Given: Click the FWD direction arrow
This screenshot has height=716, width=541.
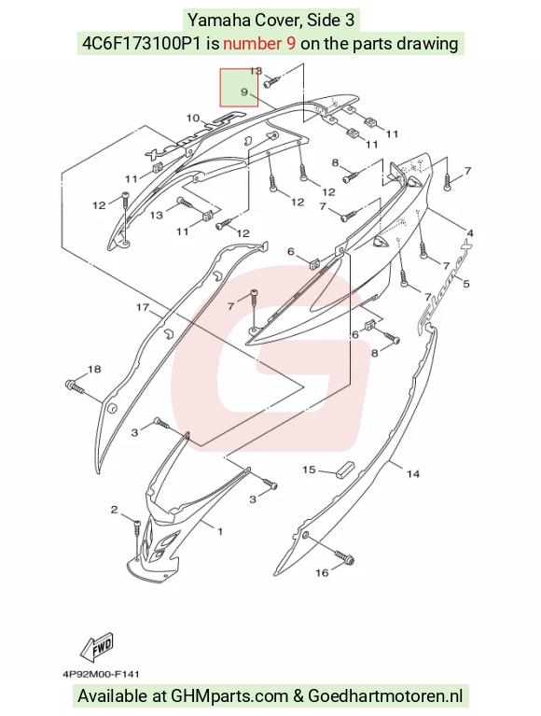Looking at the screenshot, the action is click(97, 648).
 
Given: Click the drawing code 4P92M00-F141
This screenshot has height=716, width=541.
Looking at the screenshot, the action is click(101, 674).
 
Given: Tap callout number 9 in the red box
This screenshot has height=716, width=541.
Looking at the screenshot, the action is click(244, 91).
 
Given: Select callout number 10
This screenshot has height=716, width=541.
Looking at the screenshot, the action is click(193, 118).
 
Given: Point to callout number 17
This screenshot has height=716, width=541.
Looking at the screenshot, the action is click(143, 307).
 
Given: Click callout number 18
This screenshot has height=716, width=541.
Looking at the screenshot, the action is click(94, 369).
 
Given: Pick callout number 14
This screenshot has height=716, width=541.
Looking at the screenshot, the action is click(413, 474).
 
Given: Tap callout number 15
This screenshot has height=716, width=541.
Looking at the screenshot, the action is click(309, 470).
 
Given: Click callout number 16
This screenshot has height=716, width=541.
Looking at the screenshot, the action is click(322, 572).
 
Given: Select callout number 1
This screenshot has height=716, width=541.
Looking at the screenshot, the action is click(220, 531).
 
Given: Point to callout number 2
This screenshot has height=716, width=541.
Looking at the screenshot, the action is click(114, 510).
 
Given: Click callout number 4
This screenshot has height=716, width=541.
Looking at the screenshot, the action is click(470, 233).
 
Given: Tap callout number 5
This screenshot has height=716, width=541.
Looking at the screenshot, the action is click(465, 284).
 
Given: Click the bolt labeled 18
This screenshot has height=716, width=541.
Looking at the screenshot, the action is click(76, 386).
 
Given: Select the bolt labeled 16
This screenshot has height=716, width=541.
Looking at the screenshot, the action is click(344, 556).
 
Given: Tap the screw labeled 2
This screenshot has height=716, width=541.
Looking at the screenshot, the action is click(137, 527).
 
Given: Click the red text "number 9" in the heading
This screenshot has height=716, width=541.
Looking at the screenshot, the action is click(259, 43).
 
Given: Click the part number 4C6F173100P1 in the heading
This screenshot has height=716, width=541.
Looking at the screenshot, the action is click(142, 43).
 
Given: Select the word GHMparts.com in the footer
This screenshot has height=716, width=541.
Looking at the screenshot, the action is click(229, 696).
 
